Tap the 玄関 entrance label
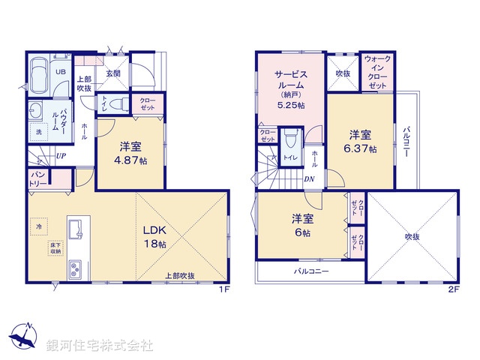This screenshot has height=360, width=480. click(x=113, y=73)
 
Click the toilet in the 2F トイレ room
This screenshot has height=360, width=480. click(x=290, y=139)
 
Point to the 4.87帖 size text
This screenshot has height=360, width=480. click(x=129, y=160)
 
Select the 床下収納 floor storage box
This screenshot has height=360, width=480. click(x=56, y=248)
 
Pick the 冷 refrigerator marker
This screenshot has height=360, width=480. click(x=37, y=223)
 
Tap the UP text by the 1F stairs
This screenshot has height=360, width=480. click(x=59, y=157)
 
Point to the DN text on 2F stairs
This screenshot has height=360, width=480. click(x=310, y=178)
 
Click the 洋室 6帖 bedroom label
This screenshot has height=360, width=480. click(x=302, y=226)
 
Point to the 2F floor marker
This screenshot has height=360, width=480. click(x=453, y=289)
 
